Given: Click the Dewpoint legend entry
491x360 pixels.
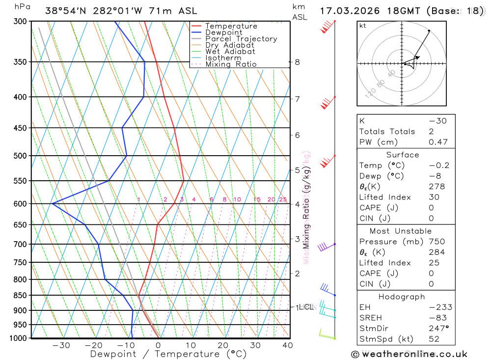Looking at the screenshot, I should point(223,32).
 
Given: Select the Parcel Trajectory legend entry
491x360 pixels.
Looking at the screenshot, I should point(241,39).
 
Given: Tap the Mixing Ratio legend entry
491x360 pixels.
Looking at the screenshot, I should point(231,64).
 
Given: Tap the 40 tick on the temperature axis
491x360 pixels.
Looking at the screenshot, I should point(288,345).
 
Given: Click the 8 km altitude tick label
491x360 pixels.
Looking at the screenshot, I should point(298,62).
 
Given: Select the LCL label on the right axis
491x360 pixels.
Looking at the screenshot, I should point(306,307).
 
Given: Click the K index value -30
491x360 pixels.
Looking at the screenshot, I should point(437,121).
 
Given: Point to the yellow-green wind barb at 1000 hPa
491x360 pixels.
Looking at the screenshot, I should point(326,335).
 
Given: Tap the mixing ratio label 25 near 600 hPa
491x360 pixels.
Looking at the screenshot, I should point(283,199).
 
